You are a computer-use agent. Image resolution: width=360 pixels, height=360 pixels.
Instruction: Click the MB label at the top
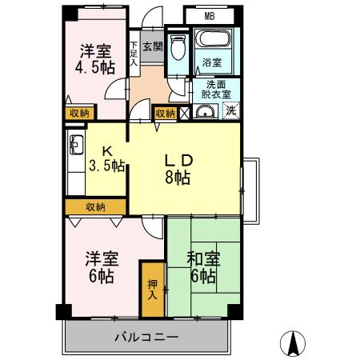click(x=209, y=16)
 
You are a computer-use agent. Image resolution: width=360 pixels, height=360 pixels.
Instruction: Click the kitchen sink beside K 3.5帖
click(x=78, y=146)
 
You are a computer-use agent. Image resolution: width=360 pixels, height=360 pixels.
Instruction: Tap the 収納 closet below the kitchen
click(x=94, y=207)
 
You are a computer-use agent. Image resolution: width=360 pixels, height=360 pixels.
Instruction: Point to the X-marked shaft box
click(x=184, y=114)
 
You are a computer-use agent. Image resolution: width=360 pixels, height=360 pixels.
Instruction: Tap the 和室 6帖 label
click(x=202, y=267)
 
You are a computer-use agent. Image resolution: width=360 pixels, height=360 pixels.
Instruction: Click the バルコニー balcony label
click(x=146, y=337)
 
